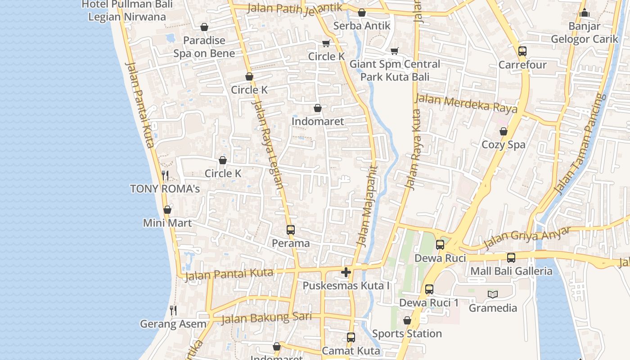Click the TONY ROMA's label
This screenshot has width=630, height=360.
(x=165, y=189)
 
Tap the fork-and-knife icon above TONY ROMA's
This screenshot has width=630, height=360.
(x=165, y=175)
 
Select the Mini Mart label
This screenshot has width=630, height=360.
(x=167, y=223)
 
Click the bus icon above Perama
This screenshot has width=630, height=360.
(x=291, y=230)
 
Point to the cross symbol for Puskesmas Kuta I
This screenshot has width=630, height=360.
(x=346, y=272)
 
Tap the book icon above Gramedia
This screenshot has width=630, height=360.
(x=493, y=295)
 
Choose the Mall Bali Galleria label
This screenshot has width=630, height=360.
(x=511, y=271)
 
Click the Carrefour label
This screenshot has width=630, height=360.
(x=522, y=65)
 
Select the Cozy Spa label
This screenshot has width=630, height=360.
(x=504, y=144)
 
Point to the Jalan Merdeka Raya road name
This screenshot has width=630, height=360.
(x=466, y=103)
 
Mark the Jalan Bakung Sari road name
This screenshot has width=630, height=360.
(x=266, y=318)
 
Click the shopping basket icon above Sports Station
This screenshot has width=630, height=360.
(x=407, y=320)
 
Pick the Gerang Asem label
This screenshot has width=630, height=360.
(x=173, y=324)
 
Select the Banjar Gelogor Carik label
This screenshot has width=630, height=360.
(x=585, y=32)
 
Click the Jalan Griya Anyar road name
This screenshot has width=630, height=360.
(x=526, y=238)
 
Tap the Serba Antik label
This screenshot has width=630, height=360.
(x=362, y=26)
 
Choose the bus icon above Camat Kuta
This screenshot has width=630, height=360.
(x=351, y=337)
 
